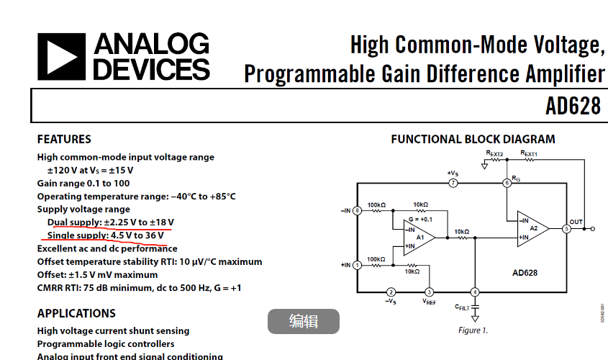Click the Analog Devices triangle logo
[62, 57]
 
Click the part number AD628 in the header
[573, 107]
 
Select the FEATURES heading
[64, 139]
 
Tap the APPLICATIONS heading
[76, 313]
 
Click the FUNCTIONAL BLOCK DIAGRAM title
[473, 139]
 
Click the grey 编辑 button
[303, 321]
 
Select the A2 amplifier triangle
[533, 229]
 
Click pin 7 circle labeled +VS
[453, 183]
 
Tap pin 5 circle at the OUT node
[566, 229]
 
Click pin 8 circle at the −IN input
[357, 210]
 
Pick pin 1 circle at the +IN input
[357, 265]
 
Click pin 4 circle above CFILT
[474, 292]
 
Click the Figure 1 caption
[473, 330]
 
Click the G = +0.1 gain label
[420, 219]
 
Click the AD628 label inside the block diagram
[525, 273]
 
